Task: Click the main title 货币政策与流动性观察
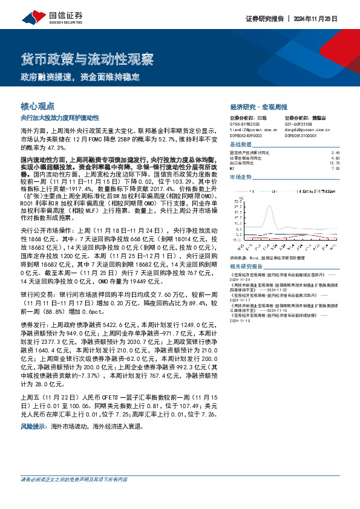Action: tap(87, 60)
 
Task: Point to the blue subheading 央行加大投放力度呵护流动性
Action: tap(64, 117)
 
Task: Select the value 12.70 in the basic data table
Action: tap(334, 163)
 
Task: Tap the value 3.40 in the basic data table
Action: tap(335, 152)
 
